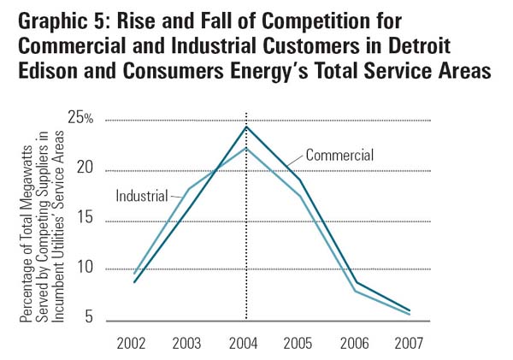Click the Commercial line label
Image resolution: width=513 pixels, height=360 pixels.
(x=339, y=155)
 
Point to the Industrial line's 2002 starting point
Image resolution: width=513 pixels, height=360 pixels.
(x=135, y=274)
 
